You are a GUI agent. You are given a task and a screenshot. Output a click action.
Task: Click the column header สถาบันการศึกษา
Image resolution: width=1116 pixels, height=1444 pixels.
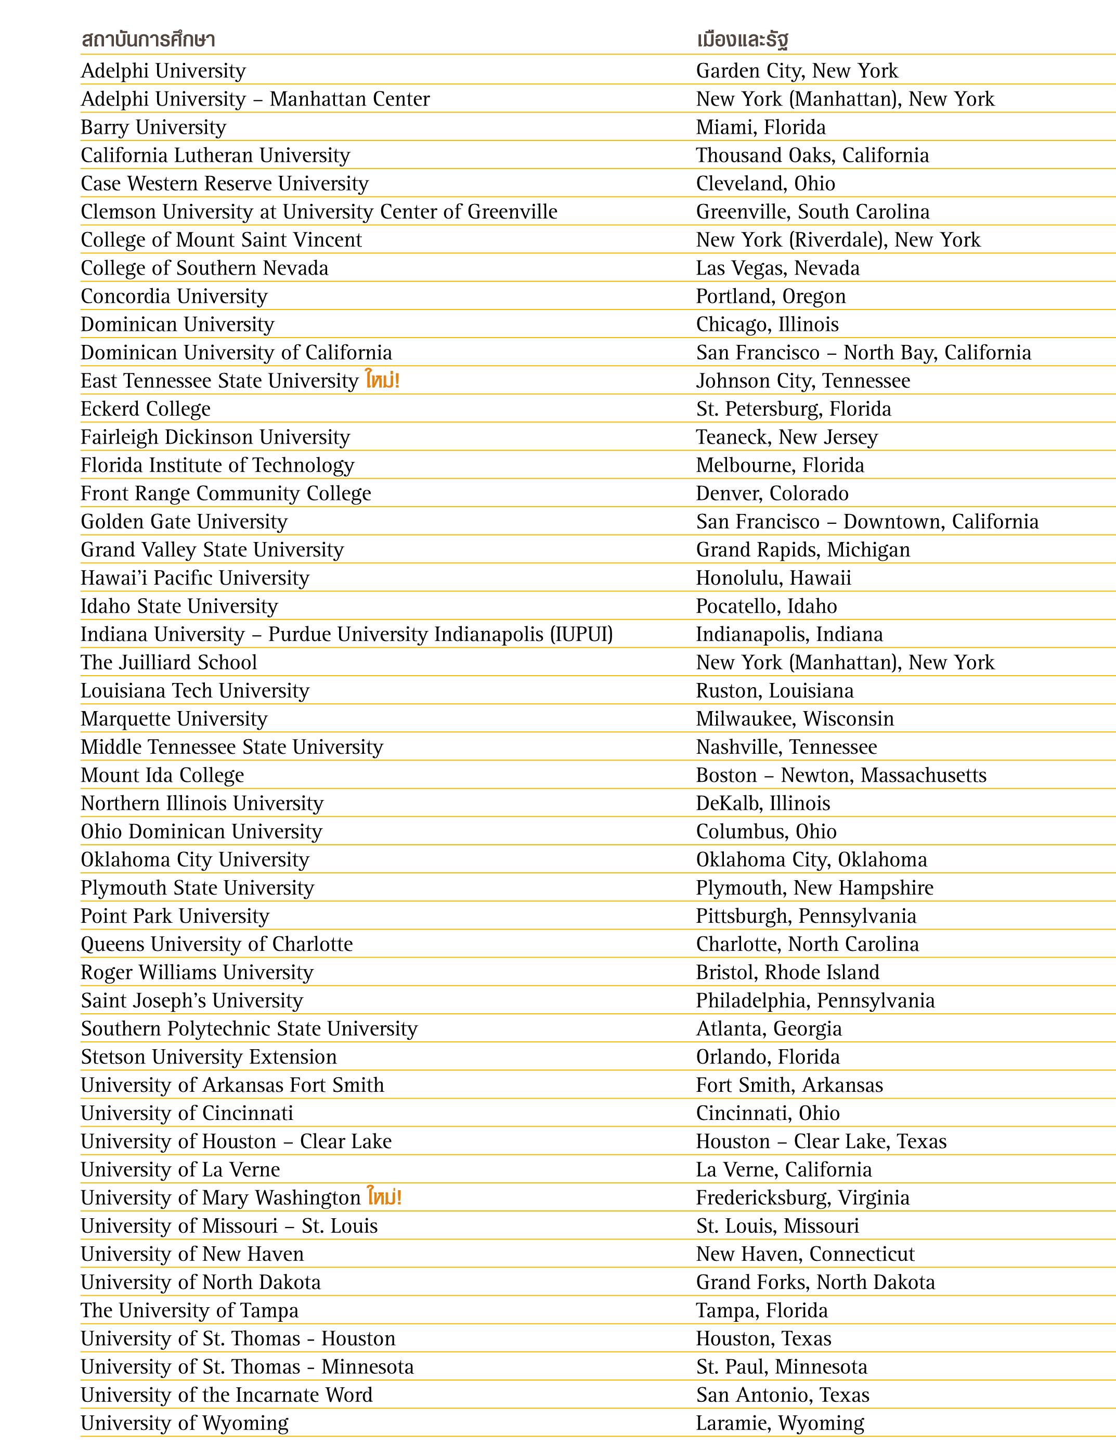(148, 40)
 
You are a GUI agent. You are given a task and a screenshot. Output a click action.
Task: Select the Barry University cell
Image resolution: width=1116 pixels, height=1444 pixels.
(153, 127)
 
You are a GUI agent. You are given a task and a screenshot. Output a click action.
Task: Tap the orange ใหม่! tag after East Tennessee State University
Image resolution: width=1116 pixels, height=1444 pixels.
(383, 380)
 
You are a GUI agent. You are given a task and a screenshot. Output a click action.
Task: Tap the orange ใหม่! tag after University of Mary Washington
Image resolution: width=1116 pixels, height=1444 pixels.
(385, 1197)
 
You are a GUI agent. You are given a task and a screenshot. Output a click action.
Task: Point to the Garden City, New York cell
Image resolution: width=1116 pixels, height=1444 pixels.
(797, 71)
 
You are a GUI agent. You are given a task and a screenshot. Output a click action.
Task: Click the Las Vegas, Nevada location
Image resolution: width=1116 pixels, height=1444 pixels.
(777, 268)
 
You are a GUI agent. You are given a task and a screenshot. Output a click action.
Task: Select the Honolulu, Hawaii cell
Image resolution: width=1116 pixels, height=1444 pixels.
(773, 578)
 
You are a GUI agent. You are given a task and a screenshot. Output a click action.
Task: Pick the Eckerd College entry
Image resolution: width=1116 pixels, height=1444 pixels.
(146, 409)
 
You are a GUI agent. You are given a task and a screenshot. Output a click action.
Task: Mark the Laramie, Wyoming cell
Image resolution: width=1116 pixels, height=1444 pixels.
(780, 1423)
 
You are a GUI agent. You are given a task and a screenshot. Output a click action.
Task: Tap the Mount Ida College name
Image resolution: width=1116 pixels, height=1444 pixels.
(162, 775)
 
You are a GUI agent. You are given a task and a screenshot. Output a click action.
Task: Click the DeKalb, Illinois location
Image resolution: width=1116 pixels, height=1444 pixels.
(763, 803)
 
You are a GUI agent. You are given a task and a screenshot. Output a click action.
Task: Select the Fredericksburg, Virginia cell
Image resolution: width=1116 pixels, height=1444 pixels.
(802, 1197)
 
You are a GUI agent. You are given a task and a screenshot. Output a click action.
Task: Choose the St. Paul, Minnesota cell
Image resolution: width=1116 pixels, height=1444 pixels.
(782, 1366)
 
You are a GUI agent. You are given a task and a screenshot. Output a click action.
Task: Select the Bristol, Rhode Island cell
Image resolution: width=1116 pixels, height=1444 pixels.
(787, 972)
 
